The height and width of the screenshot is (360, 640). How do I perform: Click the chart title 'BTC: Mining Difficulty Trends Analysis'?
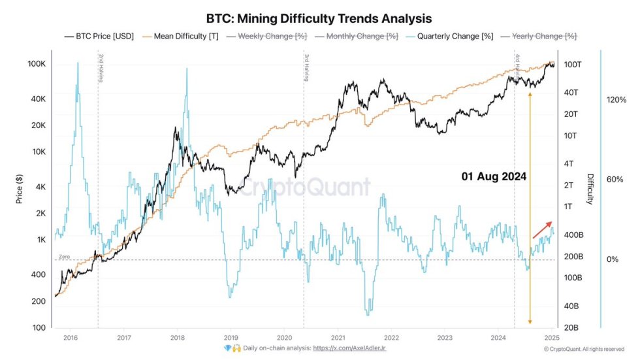320,18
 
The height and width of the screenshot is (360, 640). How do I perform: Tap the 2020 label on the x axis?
284,337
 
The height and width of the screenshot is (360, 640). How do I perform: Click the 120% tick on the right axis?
616,100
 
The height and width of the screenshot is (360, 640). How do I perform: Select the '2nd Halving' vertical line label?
101,67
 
